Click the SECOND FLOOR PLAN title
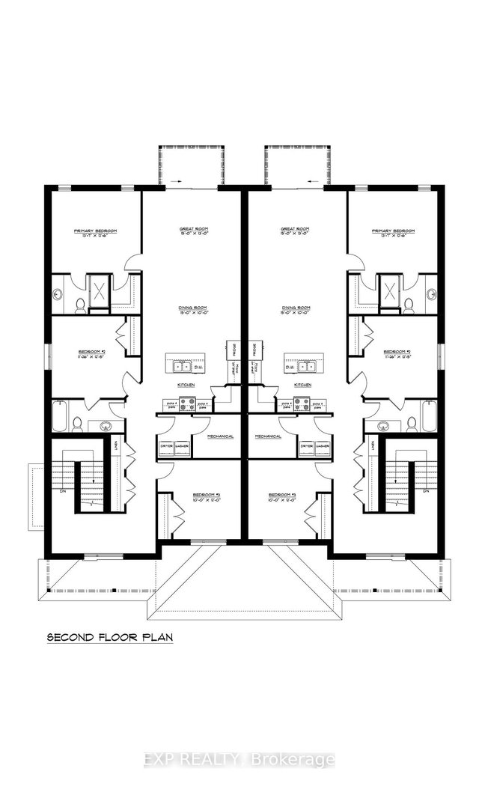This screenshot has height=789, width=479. pos(109,638)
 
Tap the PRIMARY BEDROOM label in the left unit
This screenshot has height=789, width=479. pos(95,231)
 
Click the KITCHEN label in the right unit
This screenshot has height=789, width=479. pos(302,384)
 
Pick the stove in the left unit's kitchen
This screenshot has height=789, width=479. pos(187,403)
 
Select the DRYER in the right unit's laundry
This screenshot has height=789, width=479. pos(305,447)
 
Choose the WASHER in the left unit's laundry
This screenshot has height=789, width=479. pos(182,447)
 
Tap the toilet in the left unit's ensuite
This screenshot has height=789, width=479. pos(79,304)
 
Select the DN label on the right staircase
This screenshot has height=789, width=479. pos(425,492)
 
